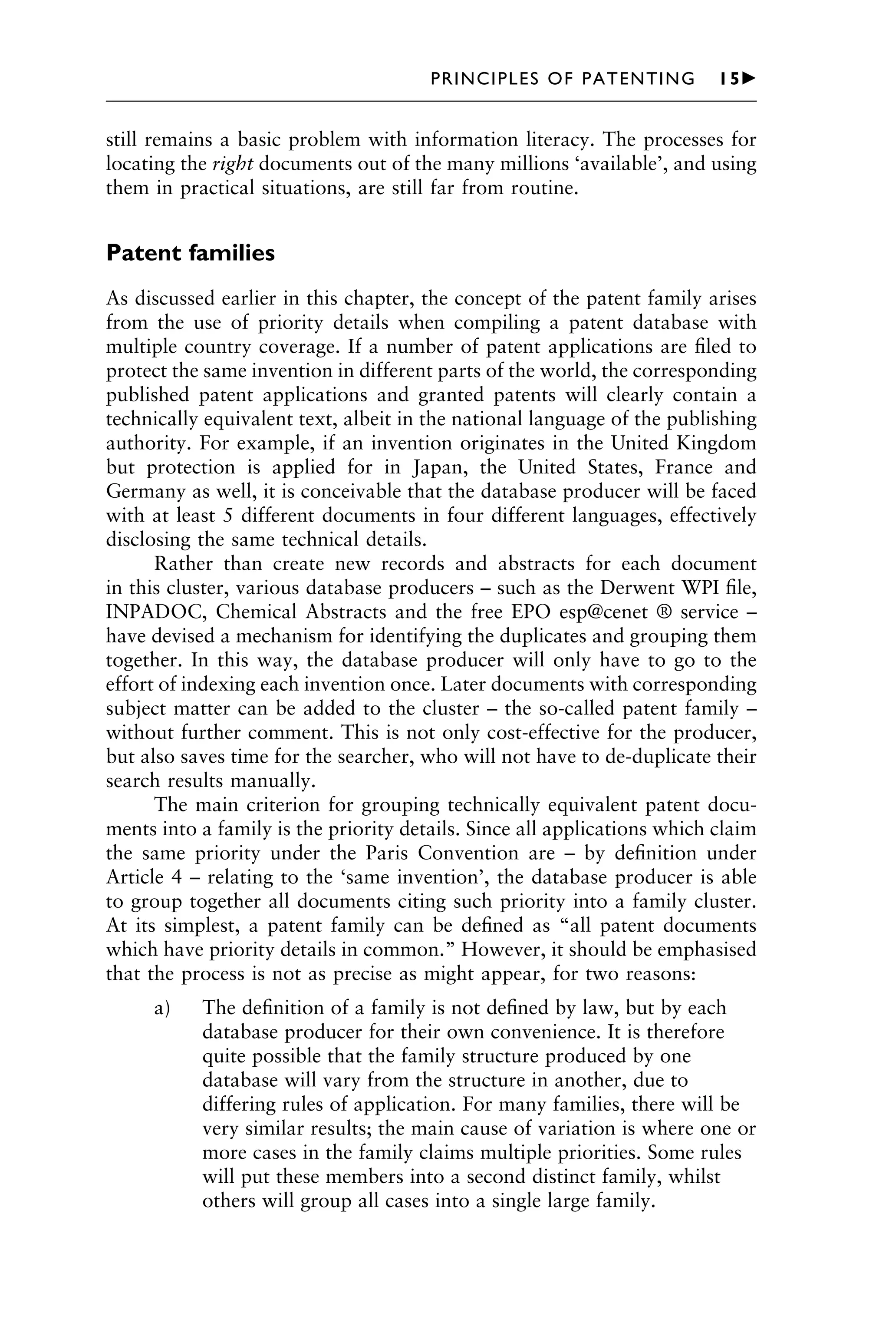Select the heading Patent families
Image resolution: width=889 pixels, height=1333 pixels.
click(x=190, y=253)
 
